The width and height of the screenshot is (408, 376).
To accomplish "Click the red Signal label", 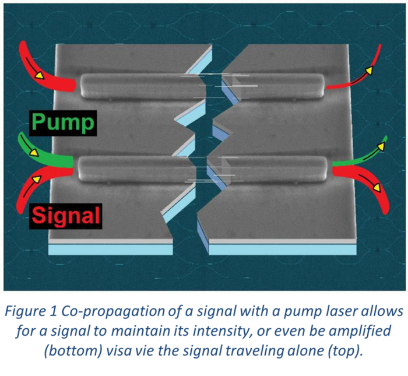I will (x=66, y=216).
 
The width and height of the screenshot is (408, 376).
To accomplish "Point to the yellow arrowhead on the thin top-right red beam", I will (x=368, y=71).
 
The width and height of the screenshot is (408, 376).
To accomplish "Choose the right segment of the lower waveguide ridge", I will (x=274, y=169).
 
